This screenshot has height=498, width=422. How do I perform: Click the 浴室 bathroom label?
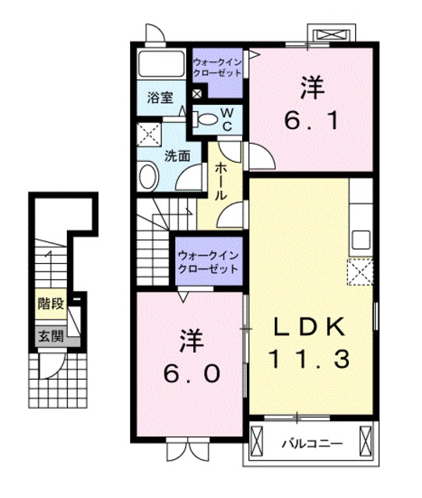[160, 97]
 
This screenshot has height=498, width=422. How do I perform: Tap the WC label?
[227, 119]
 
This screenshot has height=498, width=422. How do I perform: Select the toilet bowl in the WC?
[205, 119]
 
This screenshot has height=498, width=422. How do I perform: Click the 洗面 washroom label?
[178, 156]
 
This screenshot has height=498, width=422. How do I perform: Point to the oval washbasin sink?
[149, 177]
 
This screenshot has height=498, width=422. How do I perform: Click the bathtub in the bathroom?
[161, 64]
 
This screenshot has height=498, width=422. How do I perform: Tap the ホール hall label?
[220, 181]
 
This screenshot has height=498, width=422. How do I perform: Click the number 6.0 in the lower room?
[192, 373]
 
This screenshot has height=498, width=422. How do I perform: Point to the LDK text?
[310, 327]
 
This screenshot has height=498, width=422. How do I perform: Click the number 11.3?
[310, 359]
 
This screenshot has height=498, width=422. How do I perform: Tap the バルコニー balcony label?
[312, 444]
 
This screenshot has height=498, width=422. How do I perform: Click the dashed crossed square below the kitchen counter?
[360, 272]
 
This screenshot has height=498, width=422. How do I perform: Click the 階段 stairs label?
[51, 303]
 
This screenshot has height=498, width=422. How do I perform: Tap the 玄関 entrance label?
[51, 336]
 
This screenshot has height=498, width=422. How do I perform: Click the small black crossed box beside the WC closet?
[197, 93]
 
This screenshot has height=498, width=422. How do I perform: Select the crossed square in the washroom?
[149, 135]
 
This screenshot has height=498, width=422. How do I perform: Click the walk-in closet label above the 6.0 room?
[208, 262]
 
